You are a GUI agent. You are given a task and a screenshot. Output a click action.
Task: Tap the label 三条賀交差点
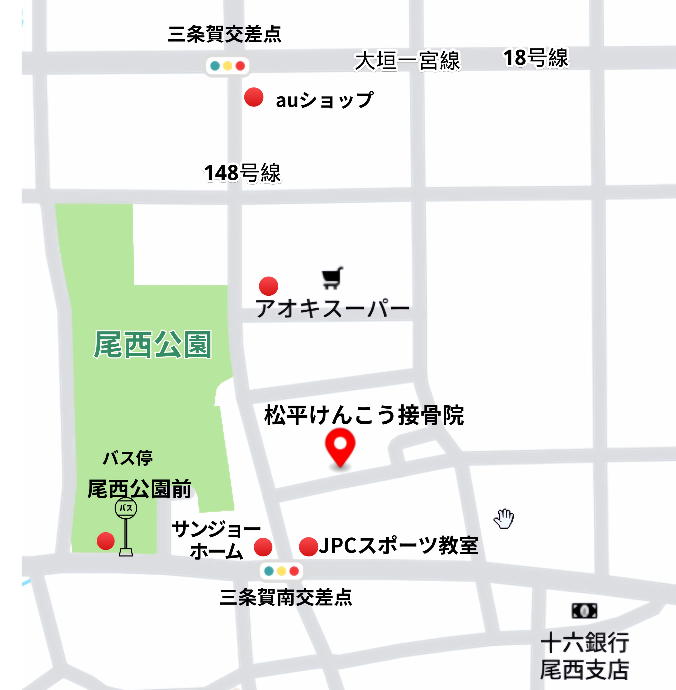point(224,34)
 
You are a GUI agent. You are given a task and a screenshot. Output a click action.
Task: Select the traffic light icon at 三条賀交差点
point(228,66)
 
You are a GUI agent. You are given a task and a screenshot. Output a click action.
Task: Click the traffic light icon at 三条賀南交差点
point(282,571)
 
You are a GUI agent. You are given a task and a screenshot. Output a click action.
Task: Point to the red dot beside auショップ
point(254,97)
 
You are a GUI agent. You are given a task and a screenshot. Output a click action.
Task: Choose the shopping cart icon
point(332,278)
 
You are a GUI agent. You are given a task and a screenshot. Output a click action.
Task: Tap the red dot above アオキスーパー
point(268,286)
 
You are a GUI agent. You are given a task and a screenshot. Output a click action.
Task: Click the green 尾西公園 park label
point(153,344)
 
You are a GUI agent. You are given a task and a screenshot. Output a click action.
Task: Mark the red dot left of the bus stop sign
point(105,541)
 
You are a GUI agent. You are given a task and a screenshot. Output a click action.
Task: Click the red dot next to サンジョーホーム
point(263,547)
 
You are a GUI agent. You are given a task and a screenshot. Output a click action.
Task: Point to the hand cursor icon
point(504,519)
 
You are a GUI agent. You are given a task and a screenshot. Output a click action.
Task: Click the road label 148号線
point(242,173)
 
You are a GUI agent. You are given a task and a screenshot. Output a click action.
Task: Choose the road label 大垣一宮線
point(407,61)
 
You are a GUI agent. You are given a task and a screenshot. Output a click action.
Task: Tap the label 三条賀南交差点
point(286,597)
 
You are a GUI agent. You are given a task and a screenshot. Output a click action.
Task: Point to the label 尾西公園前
point(139,489)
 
